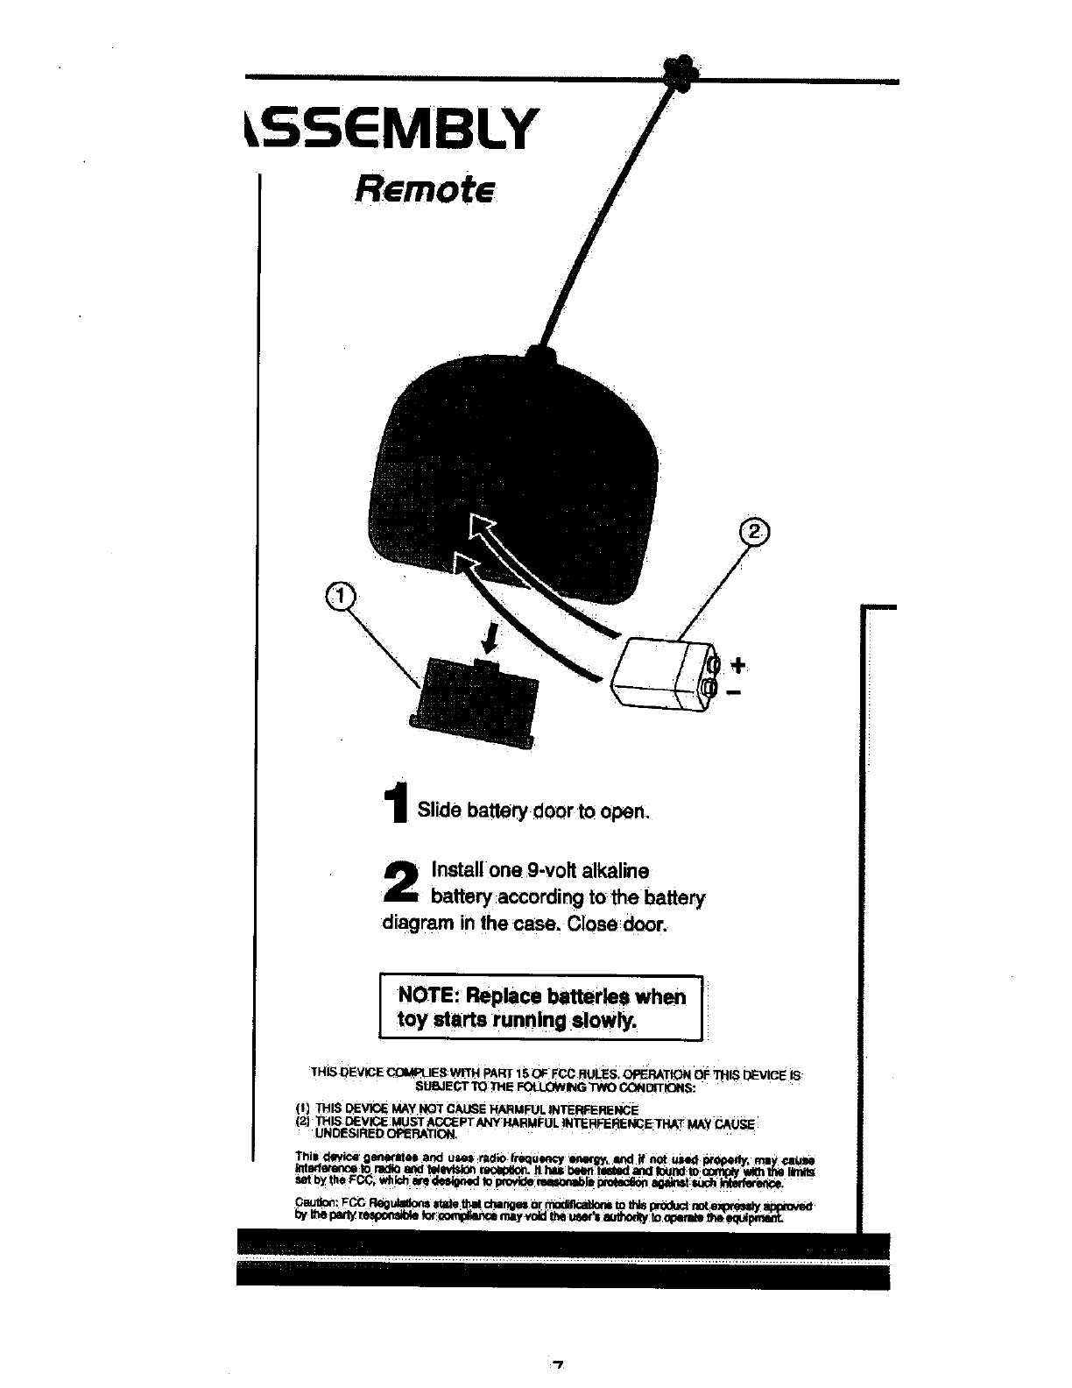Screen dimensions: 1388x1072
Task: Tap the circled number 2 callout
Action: pyautogui.click(x=752, y=532)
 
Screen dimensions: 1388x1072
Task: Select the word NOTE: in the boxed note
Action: pyautogui.click(x=429, y=996)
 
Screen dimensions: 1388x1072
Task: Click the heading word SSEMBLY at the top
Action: pyautogui.click(x=390, y=130)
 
